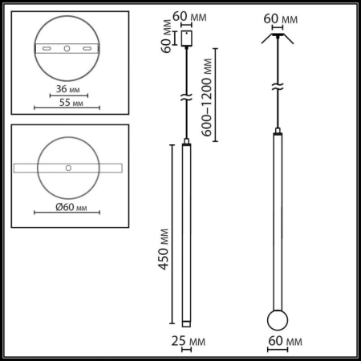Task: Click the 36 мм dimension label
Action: [x=67, y=89]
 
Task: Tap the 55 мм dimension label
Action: [x=67, y=103]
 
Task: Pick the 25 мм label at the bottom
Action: [x=187, y=342]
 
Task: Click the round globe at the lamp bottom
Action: [x=278, y=319]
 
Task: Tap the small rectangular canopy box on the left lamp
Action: [x=186, y=39]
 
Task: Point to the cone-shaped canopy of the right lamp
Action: [x=278, y=38]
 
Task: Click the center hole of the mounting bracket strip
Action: [x=67, y=49]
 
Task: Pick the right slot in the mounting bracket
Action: [x=85, y=49]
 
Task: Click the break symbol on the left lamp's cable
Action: [x=186, y=98]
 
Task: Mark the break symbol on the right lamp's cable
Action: [x=278, y=86]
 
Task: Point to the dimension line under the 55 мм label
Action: [x=67, y=109]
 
